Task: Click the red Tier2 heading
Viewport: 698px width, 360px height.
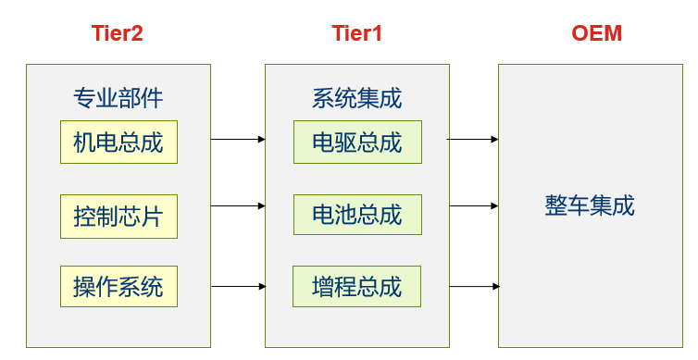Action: click(x=118, y=34)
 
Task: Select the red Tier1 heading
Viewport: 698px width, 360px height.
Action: click(x=356, y=34)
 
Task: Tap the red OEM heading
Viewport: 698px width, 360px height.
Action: click(x=596, y=34)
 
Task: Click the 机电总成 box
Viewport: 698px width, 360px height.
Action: click(x=118, y=143)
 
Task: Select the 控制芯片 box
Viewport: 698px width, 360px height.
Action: click(x=118, y=217)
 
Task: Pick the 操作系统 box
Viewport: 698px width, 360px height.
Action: click(x=118, y=287)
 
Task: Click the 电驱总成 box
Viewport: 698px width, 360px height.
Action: click(x=357, y=143)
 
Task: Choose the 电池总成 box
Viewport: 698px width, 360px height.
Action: click(x=357, y=215)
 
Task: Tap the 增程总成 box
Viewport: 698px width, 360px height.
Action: click(x=357, y=287)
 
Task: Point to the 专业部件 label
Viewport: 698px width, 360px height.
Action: click(x=118, y=97)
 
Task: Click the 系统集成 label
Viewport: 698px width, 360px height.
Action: click(x=357, y=97)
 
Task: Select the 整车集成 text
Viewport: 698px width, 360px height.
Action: click(x=590, y=205)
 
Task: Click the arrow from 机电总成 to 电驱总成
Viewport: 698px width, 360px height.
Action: click(x=238, y=140)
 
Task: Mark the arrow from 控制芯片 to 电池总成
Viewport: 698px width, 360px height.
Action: click(x=238, y=206)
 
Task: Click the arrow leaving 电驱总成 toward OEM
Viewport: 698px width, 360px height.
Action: click(x=473, y=140)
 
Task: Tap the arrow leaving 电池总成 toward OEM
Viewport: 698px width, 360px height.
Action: click(x=473, y=206)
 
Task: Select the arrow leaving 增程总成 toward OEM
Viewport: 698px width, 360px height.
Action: click(x=473, y=286)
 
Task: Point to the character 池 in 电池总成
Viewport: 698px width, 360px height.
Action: click(x=346, y=215)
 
